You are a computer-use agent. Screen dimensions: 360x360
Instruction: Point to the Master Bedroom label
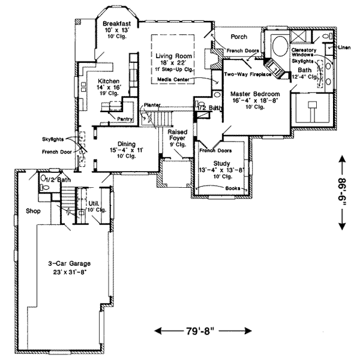pos(247,93)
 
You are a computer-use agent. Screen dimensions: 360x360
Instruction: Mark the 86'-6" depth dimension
pos(343,193)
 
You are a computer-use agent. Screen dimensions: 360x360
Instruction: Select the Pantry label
pos(125,119)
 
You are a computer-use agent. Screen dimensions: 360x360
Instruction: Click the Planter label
pos(152,105)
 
